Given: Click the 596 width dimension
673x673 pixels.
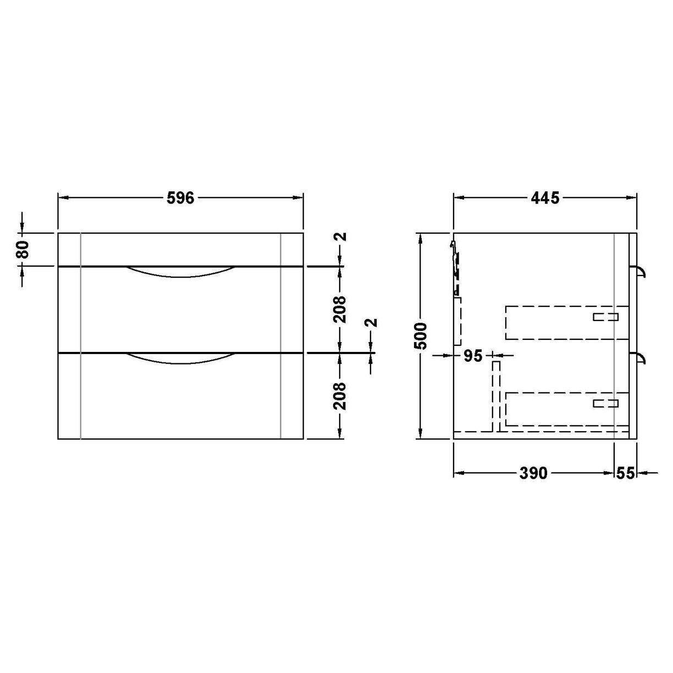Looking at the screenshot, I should (180, 198).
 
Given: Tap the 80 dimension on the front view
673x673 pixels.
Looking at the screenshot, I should (23, 249).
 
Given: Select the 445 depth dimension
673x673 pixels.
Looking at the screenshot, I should (544, 198).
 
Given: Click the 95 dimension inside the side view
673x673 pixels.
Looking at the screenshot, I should (472, 356).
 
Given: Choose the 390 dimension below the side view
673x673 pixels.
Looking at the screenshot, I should (533, 472).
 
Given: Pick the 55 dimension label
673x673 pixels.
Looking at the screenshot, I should (625, 472).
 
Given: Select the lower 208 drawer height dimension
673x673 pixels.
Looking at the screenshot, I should (341, 395).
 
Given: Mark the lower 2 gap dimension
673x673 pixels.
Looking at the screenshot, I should (373, 322).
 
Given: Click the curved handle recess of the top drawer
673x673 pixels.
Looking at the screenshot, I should (180, 272).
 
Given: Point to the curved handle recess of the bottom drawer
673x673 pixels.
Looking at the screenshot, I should (180, 358).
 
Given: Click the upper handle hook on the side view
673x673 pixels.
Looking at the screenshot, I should (641, 271).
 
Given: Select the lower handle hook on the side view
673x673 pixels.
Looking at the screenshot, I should (641, 358).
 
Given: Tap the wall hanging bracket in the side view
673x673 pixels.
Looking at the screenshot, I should (454, 258).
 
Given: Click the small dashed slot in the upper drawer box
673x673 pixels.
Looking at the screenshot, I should (605, 317).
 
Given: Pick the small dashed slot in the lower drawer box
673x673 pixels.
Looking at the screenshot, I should (605, 404).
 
